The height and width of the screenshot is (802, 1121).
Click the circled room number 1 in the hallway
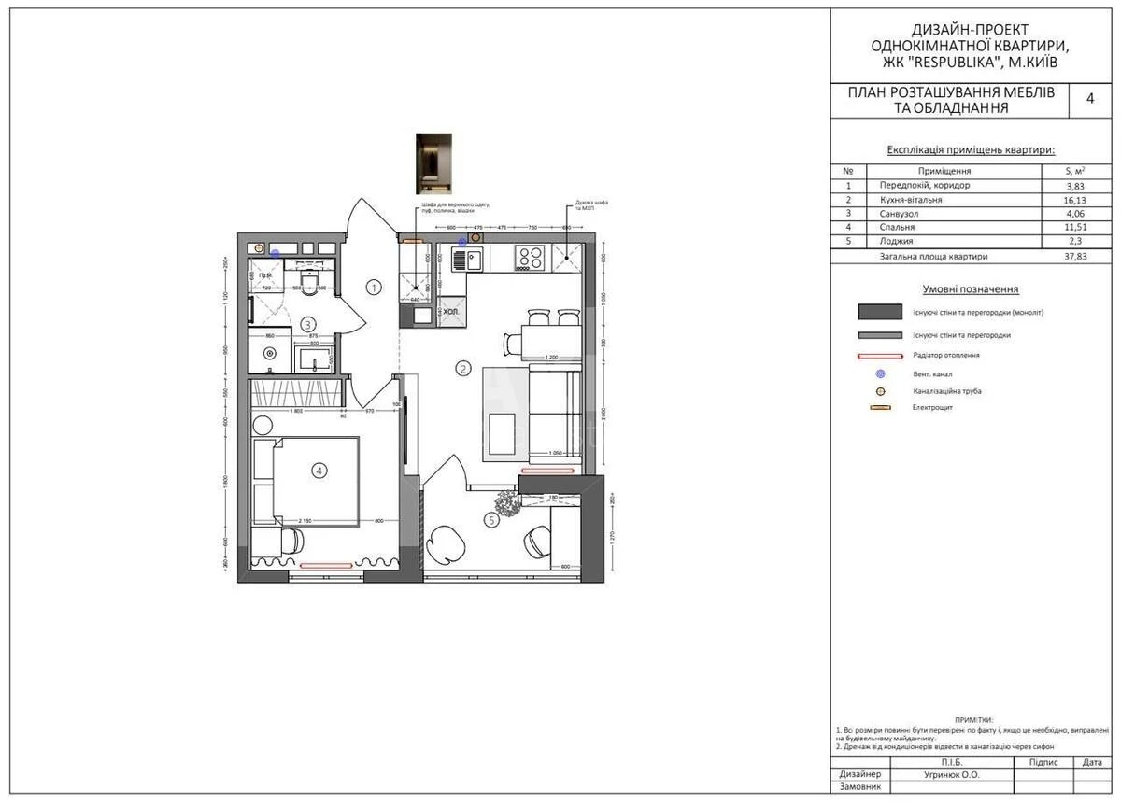374,288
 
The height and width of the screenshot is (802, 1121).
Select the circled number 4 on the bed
319,471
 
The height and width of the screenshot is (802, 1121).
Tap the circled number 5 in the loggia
491,520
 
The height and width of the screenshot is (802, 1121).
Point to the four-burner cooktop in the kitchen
531,257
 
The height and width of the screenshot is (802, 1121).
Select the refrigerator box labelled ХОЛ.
450,313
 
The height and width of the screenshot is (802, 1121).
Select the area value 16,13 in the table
1076,200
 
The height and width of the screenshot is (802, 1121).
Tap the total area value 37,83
1076,256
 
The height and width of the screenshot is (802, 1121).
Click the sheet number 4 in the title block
1089,100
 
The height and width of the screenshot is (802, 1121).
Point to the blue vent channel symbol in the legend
880,373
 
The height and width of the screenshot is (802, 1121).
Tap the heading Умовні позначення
970,289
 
